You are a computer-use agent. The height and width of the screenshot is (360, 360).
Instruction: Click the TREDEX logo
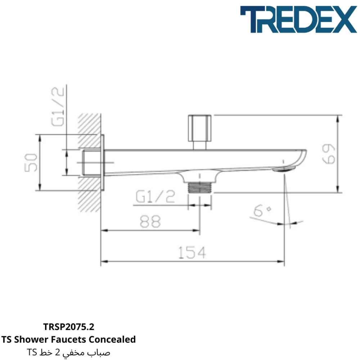pos(298,19)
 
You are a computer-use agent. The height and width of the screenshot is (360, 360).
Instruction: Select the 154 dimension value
pos(192,252)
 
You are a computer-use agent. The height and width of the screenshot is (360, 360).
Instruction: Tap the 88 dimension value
pos(150,221)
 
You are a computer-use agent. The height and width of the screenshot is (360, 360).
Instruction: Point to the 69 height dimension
pos(329,154)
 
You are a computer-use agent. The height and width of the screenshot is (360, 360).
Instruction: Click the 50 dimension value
pos(31,163)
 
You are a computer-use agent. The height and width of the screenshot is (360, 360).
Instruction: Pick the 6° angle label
pos(262,211)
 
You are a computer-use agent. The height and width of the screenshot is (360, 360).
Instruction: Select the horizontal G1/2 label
pos(155,197)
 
